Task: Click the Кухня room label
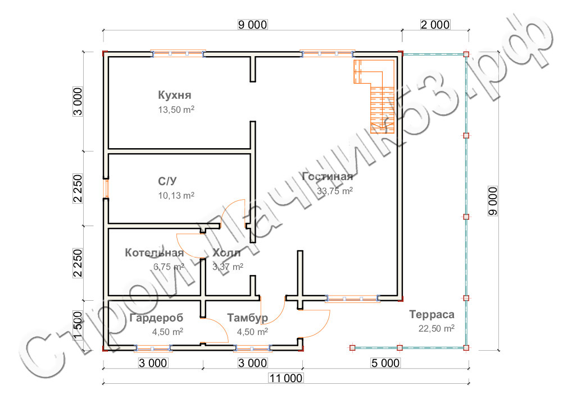(x=174, y=95)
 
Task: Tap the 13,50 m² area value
(x=176, y=109)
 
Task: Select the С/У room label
(x=167, y=181)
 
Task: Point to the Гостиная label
(x=328, y=177)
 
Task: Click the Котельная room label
(x=155, y=253)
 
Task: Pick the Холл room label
(x=226, y=253)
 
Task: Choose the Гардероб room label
(x=156, y=318)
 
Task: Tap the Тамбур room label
(x=248, y=318)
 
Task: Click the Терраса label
(x=432, y=314)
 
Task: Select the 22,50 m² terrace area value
(x=436, y=329)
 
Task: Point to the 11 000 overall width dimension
(x=285, y=378)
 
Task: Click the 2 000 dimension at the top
(x=435, y=25)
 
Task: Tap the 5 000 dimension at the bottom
(x=385, y=363)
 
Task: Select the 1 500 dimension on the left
(x=78, y=325)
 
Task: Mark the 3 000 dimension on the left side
(x=78, y=102)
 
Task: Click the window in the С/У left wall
(x=106, y=189)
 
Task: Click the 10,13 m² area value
(x=176, y=196)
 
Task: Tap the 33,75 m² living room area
(x=335, y=191)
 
